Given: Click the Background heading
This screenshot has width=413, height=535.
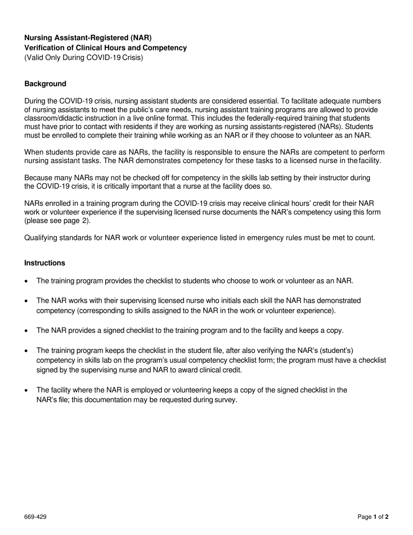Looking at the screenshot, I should tap(45, 84).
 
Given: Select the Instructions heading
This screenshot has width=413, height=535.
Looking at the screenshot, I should tap(45, 263).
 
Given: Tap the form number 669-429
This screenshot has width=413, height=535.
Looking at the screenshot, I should tap(35, 517).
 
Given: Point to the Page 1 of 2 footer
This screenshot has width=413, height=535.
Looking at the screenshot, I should tap(373, 517).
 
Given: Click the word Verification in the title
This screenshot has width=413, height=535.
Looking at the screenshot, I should tap(44, 48).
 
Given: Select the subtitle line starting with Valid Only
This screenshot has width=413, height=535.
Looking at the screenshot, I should tap(83, 57).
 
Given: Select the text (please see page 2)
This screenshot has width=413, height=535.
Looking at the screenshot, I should tap(57, 221).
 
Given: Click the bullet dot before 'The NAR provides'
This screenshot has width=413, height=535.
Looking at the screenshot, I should tap(27, 331).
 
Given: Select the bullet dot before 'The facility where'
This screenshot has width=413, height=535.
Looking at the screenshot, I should tap(27, 390).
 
